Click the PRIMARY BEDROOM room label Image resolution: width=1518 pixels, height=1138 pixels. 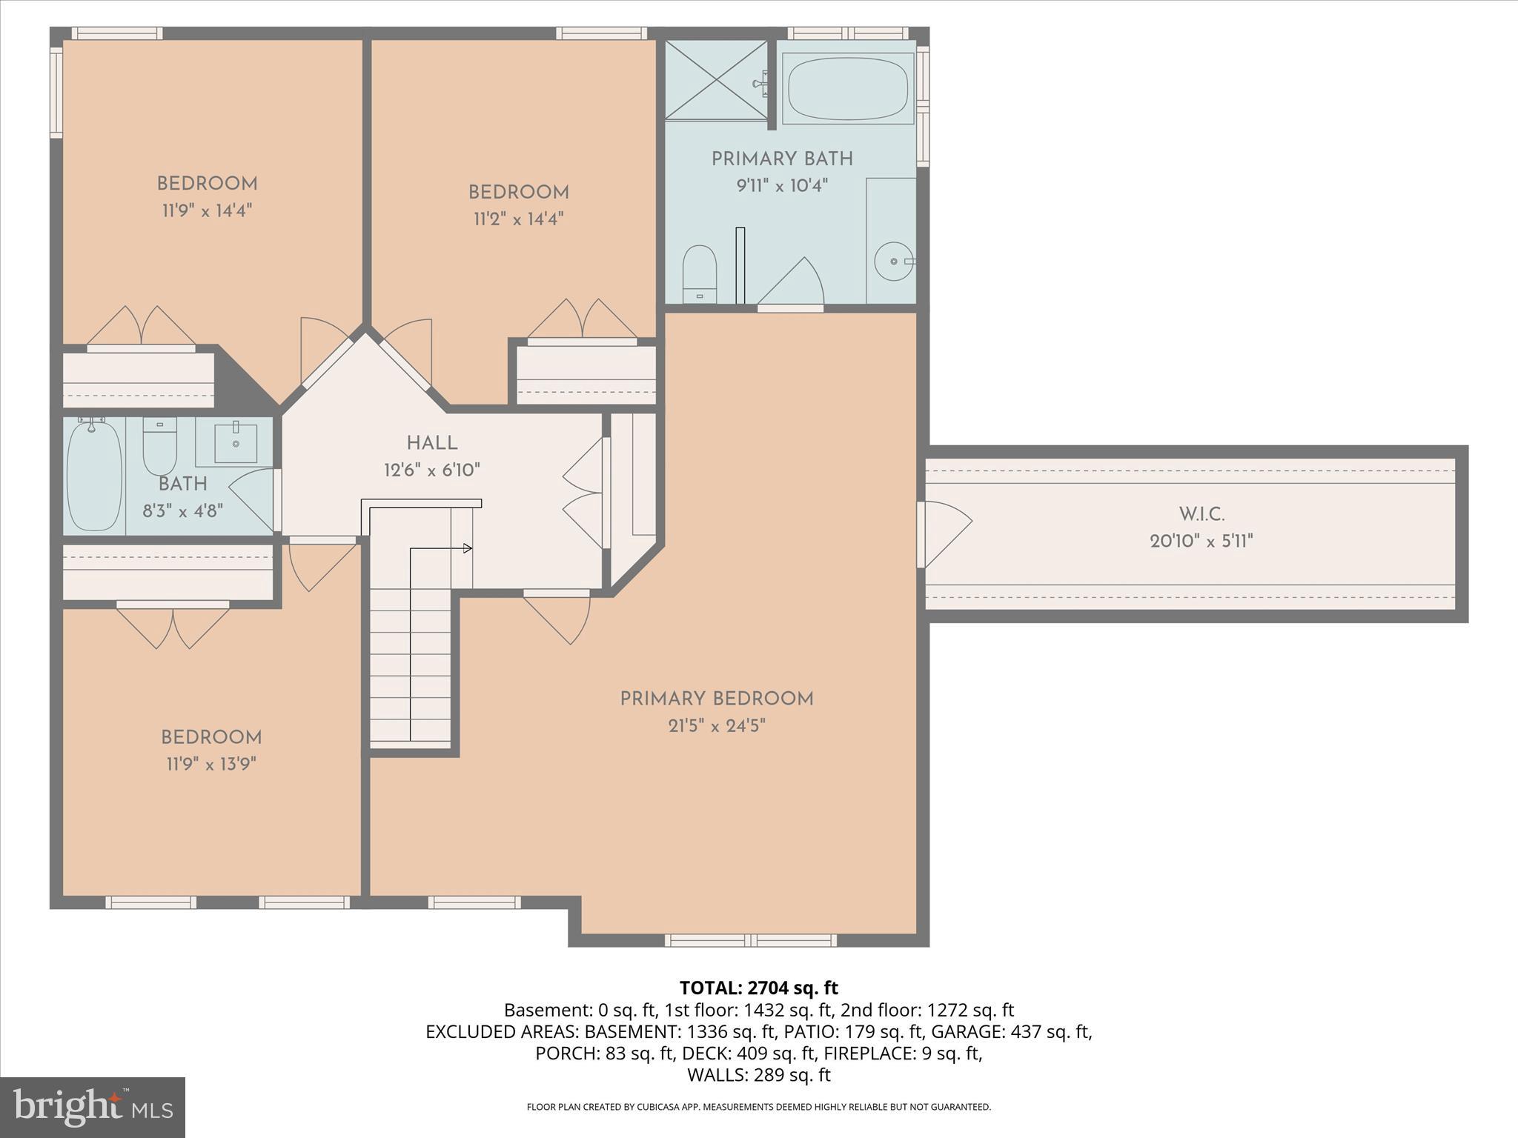pos(717,699)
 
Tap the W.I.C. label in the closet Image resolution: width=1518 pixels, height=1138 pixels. pos(1202,513)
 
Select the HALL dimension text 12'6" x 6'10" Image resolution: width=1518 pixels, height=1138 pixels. pos(432,470)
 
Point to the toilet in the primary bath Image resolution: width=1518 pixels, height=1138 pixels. pos(699,272)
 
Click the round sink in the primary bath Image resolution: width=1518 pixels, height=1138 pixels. pos(893,262)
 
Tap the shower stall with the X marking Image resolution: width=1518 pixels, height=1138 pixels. pos(716,79)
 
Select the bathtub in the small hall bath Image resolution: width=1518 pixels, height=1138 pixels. pos(94,474)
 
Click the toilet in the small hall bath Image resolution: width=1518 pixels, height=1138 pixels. pos(159,446)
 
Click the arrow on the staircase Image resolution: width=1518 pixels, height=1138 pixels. pos(467,548)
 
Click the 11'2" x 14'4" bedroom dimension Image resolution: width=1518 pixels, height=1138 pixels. pos(519,219)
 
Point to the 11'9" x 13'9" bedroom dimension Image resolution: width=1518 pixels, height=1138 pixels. pos(211,764)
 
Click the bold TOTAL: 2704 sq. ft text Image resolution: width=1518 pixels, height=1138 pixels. pos(758,988)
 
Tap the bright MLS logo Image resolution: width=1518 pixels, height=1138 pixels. pos(93,1107)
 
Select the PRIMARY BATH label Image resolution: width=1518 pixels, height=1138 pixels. pos(782,159)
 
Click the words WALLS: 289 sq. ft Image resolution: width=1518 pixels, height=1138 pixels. pos(758,1075)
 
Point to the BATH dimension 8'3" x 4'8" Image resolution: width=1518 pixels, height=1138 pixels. pos(182,510)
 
